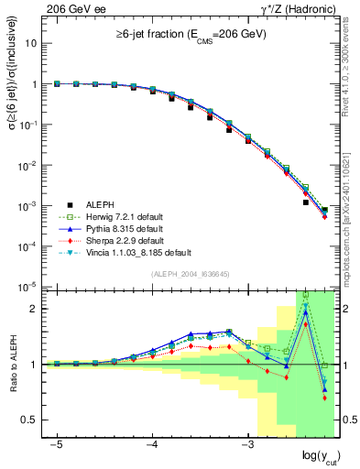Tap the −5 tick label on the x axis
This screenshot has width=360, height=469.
(57, 443)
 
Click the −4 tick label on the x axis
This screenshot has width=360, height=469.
(152, 443)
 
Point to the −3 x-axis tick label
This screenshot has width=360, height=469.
(246, 443)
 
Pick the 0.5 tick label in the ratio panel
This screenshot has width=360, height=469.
(28, 420)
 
